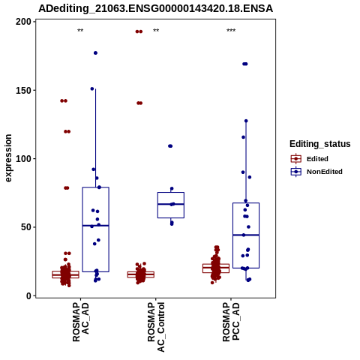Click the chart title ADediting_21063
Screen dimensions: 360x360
pos(155,9)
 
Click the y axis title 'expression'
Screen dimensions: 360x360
pos(8,158)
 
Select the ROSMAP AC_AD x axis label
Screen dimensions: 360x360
pos(80,322)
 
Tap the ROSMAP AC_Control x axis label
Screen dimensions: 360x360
pos(156,327)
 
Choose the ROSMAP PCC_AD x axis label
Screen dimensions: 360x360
pos(231,322)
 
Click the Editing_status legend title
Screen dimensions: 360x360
pos(320,144)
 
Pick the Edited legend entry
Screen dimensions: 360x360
pos(310,159)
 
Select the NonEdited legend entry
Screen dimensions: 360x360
pos(316,172)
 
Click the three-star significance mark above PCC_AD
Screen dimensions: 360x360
pos(231,31)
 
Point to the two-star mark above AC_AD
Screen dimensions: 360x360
pos(80,31)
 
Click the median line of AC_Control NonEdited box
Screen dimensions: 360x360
pos(171,204)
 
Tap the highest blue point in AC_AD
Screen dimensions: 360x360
pos(95,53)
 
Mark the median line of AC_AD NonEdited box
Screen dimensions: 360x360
pos(95,226)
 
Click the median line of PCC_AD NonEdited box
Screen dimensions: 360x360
pos(246,235)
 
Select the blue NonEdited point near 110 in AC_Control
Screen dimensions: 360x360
pos(170,146)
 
